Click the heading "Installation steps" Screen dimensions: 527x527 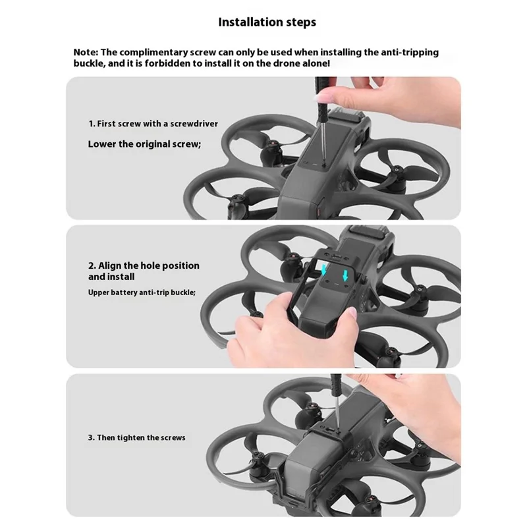(x=267, y=22)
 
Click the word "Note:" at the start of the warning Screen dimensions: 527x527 (x=86, y=53)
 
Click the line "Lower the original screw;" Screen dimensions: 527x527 (x=144, y=144)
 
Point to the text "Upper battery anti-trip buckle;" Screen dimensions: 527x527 (x=142, y=292)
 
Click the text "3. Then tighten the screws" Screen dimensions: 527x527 (x=137, y=437)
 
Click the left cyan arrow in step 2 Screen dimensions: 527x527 (x=324, y=269)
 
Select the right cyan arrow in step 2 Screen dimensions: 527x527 (x=345, y=275)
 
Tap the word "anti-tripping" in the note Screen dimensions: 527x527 (x=410, y=53)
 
